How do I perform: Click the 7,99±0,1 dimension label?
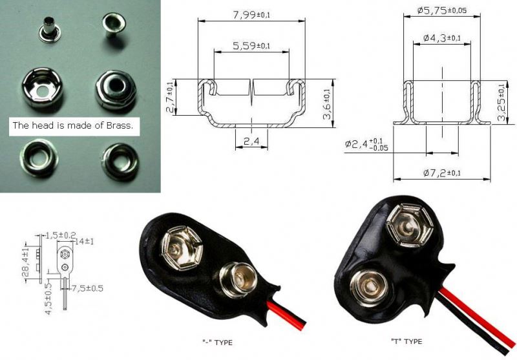252,15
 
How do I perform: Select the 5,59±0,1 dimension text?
251,46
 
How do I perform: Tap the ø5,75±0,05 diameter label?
442,10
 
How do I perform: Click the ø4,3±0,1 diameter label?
442,38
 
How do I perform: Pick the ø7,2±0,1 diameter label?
442,173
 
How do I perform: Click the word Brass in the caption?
119,125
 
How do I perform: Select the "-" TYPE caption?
217,343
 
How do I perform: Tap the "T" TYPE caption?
406,341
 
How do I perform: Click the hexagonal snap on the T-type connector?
409,225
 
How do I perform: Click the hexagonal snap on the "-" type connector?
181,248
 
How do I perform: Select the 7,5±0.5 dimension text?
87,288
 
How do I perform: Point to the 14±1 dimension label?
85,241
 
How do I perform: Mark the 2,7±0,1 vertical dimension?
171,98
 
